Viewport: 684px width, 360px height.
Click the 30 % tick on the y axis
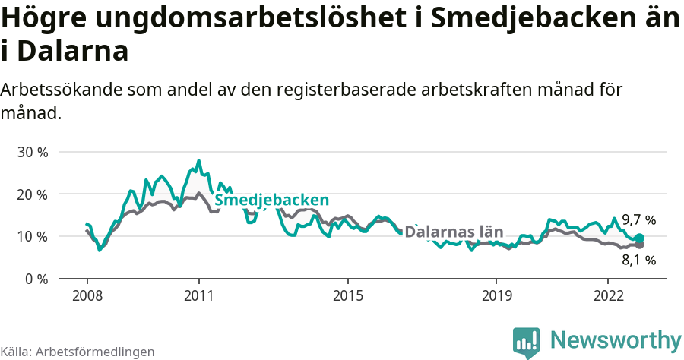tap(33, 152)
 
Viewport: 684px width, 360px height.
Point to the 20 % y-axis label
tap(33, 194)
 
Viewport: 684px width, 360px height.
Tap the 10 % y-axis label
tap(33, 236)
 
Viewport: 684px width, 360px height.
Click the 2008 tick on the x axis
tap(87, 295)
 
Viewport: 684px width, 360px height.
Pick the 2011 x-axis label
tap(198, 295)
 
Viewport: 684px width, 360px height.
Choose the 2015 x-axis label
tap(347, 295)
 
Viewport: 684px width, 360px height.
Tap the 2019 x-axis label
tap(496, 295)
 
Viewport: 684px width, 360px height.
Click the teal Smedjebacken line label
tap(271, 200)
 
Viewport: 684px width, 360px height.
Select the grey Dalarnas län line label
tap(454, 232)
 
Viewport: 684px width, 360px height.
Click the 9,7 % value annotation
tap(638, 220)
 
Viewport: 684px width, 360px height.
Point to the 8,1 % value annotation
tap(638, 260)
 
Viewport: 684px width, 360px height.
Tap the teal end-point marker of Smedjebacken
tap(639, 238)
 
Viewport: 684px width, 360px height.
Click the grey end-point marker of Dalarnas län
tap(639, 245)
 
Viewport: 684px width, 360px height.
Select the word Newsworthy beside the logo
tap(616, 340)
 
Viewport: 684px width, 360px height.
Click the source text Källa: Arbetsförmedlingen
tap(78, 352)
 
